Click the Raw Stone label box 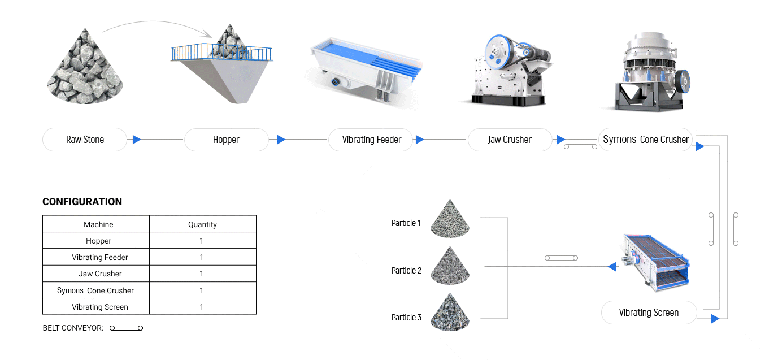click(85, 140)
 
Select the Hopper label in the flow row click(226, 140)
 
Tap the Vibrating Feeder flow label click(371, 140)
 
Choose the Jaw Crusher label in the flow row click(510, 140)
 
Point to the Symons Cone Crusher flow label click(645, 140)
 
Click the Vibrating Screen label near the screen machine click(649, 313)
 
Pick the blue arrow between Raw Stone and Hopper click(137, 140)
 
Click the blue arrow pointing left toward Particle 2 click(612, 266)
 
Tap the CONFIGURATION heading click(82, 202)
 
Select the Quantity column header click(202, 224)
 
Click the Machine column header click(98, 224)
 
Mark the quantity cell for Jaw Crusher click(202, 274)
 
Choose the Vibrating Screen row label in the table click(100, 307)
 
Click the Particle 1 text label click(406, 223)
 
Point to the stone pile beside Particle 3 click(450, 312)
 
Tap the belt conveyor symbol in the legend click(126, 328)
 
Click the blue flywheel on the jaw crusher click(499, 52)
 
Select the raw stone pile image click(85, 67)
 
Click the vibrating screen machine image click(655, 262)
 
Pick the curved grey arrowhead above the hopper click(207, 33)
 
